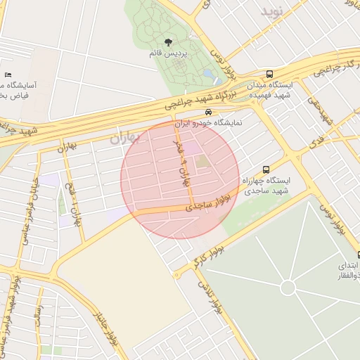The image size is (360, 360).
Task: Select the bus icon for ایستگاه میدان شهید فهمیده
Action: [x=269, y=74]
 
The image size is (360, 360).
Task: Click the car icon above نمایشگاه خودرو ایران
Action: [x=208, y=112]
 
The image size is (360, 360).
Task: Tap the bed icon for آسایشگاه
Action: [x=8, y=75]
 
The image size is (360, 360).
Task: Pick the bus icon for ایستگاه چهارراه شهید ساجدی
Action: [x=266, y=169]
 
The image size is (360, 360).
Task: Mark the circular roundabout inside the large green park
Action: [x=288, y=287]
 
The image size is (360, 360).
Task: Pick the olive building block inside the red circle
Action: [x=202, y=162]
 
